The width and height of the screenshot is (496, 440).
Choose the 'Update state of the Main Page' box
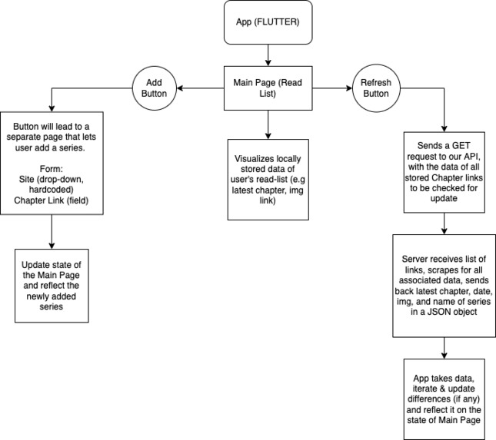click(x=52, y=280)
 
